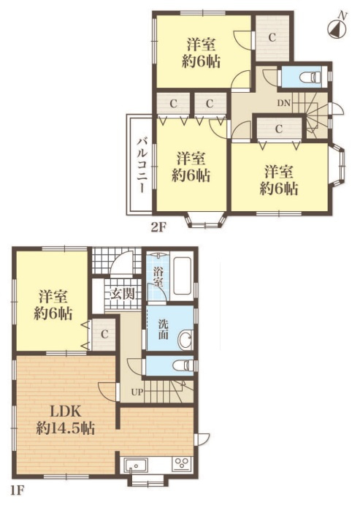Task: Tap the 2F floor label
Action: (158, 227)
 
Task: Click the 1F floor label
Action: (17, 490)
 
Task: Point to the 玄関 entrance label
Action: (123, 293)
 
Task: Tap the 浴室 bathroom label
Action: (157, 277)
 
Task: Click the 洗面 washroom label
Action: (163, 329)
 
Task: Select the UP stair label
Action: (137, 392)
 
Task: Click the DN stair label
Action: (284, 103)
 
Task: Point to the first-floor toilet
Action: (183, 366)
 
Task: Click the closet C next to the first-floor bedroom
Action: (104, 334)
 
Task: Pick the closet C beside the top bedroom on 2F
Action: (272, 38)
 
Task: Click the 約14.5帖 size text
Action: (65, 429)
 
